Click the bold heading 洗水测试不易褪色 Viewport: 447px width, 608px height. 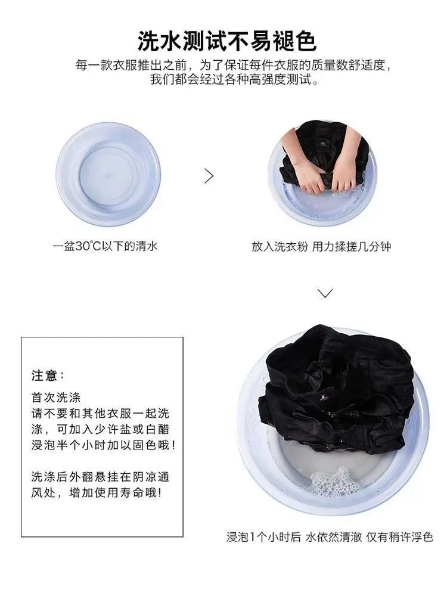(x=227, y=41)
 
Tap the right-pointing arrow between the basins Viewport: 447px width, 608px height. (x=209, y=176)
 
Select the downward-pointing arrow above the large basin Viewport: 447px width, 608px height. (x=325, y=293)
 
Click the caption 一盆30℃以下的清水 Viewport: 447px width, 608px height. (x=105, y=246)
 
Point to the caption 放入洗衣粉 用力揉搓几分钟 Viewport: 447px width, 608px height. (x=321, y=247)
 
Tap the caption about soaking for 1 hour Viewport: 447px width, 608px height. (x=330, y=537)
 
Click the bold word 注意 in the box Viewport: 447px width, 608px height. (x=44, y=376)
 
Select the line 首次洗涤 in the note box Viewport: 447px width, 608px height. (x=56, y=398)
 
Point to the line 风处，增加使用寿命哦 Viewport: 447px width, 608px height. (x=97, y=493)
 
